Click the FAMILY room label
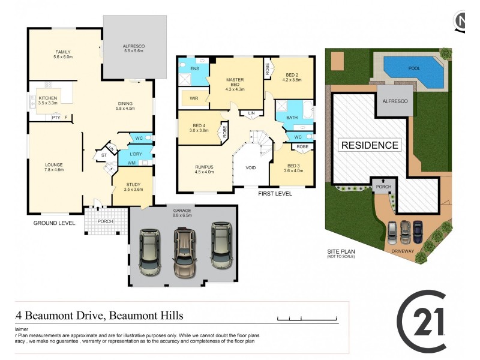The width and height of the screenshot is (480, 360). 63,55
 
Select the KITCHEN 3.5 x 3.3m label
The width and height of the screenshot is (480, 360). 48,100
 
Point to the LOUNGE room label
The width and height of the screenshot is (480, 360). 54,167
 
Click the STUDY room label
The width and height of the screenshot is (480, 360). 133,187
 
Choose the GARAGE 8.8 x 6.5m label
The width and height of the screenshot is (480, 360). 183,212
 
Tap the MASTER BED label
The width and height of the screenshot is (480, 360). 235,83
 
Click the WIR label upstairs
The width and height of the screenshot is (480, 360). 194,98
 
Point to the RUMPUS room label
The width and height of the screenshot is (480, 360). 204,169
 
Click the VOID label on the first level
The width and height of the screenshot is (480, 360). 251,167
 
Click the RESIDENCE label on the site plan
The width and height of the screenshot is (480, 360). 370,145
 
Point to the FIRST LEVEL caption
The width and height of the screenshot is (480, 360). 275,194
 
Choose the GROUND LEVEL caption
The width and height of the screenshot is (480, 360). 54,223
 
